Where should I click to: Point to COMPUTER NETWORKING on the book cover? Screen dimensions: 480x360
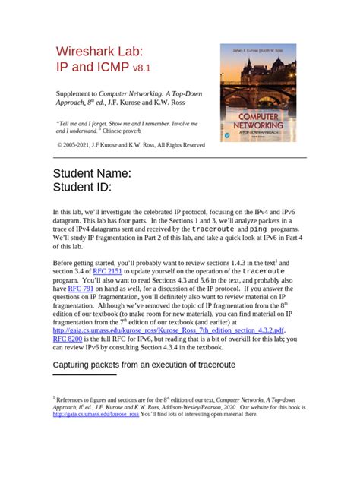[x=258, y=121]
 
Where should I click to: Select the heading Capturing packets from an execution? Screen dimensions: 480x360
[x=144, y=365]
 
